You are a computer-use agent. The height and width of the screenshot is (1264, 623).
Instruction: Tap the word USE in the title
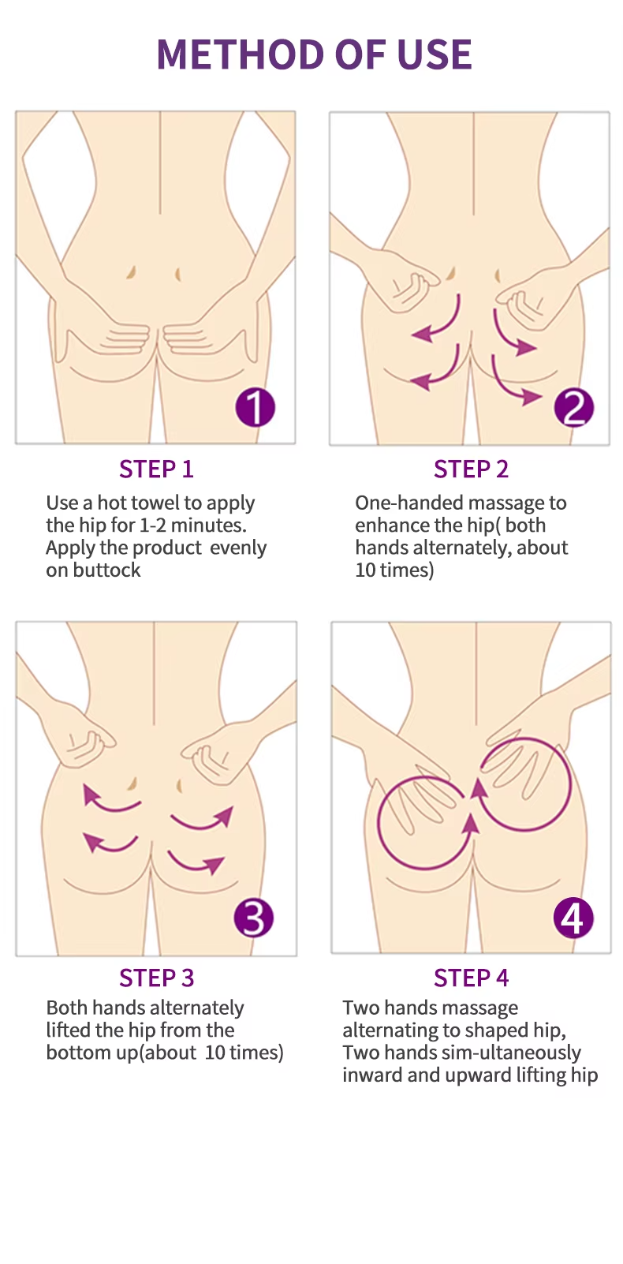click(434, 54)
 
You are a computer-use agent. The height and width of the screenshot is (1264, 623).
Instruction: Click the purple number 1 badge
click(255, 407)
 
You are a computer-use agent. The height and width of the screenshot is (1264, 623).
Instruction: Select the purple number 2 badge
click(573, 407)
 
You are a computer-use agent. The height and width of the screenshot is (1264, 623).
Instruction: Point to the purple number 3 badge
click(254, 918)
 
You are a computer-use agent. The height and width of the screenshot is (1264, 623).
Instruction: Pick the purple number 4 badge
click(573, 918)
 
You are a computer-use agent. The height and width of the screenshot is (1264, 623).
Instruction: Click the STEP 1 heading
click(156, 469)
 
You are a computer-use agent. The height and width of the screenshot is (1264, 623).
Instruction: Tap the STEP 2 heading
click(471, 469)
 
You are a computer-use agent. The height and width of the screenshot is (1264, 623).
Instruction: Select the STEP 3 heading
click(156, 978)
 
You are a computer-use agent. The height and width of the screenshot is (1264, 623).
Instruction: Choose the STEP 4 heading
click(471, 978)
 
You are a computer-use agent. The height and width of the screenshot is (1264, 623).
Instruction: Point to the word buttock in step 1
click(106, 570)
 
